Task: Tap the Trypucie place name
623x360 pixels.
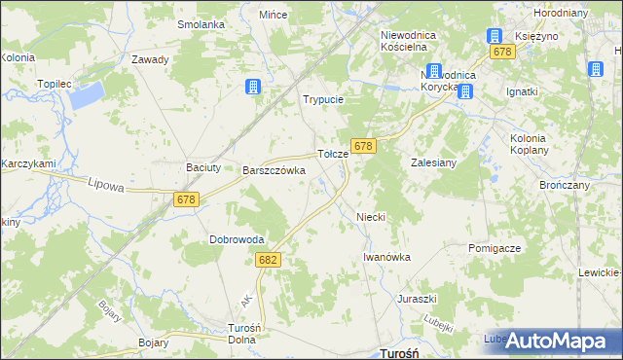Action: [x=324, y=100]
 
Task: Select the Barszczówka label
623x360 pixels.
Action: [x=274, y=170]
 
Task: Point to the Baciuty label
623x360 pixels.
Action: [x=203, y=167]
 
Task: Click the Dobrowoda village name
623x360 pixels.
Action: [x=237, y=239]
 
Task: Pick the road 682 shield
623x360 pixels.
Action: [x=270, y=260]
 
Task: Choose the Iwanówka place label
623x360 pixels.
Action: [x=386, y=257]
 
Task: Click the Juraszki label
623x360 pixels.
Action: [x=417, y=299]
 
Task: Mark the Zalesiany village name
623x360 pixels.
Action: [x=434, y=163]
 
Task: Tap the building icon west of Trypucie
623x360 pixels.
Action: [x=254, y=87]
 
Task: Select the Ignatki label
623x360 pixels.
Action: [x=522, y=92]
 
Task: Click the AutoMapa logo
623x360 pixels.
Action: [x=558, y=341]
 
